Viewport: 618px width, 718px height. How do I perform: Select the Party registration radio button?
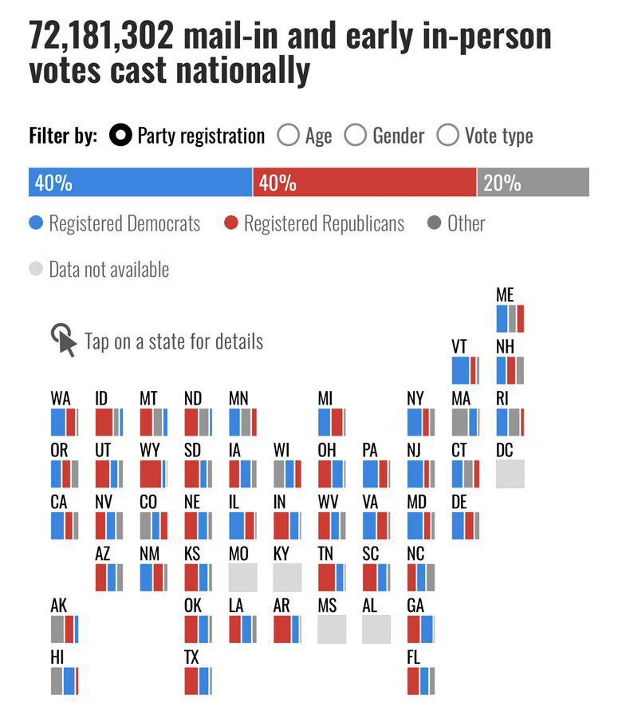pos(121,136)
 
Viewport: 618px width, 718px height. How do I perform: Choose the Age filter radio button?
pos(288,136)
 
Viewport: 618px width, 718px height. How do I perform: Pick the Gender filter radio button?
pos(355,136)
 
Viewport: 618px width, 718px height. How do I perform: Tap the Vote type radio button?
pos(447,136)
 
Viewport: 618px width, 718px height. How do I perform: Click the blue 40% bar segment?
pos(140,183)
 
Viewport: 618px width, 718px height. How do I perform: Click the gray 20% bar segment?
pos(533,183)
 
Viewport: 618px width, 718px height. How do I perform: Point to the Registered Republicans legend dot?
pos(231,223)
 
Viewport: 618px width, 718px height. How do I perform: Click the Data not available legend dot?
pos(36,269)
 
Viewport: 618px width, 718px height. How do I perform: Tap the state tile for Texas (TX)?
pos(198,681)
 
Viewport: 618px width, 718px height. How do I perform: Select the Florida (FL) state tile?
pos(420,681)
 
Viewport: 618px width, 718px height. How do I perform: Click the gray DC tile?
pos(510,474)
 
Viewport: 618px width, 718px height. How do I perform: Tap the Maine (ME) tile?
pos(510,318)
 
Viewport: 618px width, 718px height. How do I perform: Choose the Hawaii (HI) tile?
pos(65,681)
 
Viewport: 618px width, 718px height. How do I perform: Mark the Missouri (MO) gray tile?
pos(242,577)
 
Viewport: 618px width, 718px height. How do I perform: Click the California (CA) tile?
pos(65,526)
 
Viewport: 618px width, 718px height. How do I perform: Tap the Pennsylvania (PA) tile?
pos(376,474)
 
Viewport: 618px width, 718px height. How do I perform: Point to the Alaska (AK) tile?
pos(65,629)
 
